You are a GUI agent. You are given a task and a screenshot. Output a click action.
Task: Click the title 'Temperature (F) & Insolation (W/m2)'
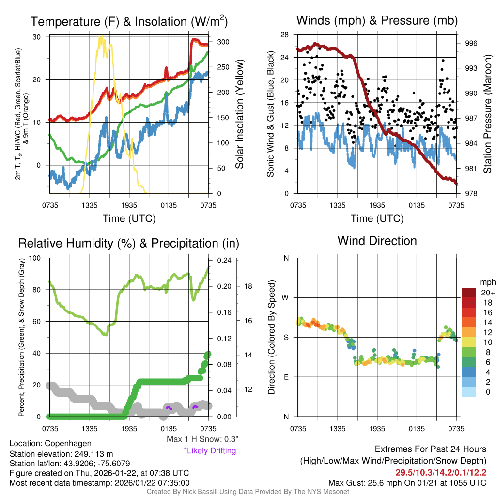tap(129, 21)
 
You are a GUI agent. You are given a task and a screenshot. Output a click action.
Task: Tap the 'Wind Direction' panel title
tap(377, 241)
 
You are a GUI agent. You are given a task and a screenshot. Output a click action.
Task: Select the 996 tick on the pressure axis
tap(471, 43)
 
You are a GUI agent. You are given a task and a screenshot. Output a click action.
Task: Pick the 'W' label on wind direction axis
tap(286, 297)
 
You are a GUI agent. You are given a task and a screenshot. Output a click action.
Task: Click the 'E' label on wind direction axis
tap(286, 377)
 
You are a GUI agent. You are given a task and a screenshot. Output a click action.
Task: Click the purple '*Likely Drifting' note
tap(210, 450)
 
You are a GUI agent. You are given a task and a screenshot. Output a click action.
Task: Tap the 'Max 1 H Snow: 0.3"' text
tap(202, 439)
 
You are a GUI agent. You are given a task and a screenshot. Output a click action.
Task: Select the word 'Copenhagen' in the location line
tap(68, 443)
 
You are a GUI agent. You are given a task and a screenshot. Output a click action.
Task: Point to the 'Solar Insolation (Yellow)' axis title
tap(239, 114)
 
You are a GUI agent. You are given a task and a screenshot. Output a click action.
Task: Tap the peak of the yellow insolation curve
tap(101, 37)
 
